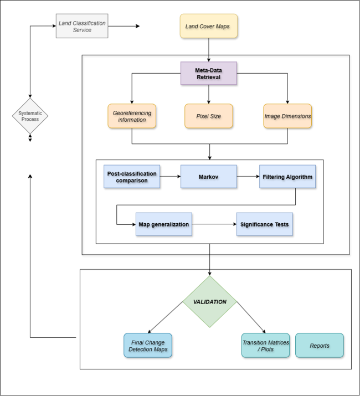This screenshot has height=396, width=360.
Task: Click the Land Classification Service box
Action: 83,26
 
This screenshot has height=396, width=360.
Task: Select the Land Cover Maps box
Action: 209,27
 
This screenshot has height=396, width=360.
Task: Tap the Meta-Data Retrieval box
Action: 209,73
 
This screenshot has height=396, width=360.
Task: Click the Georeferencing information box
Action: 132,116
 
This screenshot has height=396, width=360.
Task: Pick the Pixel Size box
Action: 209,116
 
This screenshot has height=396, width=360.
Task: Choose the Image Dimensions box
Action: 287,116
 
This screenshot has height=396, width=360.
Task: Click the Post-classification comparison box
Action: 131,177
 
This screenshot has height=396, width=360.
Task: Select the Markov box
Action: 209,177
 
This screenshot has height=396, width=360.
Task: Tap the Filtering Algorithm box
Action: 287,177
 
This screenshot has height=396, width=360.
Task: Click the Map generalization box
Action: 164,224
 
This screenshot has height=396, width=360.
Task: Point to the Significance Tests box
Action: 264,224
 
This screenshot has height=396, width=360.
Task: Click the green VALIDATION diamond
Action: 210,302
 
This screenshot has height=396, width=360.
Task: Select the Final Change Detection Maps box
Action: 148,345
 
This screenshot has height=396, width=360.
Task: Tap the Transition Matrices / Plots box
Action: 265,345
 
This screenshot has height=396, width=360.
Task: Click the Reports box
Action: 320,345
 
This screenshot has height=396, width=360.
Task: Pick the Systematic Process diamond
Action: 30,116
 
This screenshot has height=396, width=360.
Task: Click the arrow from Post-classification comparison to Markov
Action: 169,177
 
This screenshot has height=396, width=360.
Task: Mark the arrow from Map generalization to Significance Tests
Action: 214,224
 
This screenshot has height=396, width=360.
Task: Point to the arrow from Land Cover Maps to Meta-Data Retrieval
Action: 209,50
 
